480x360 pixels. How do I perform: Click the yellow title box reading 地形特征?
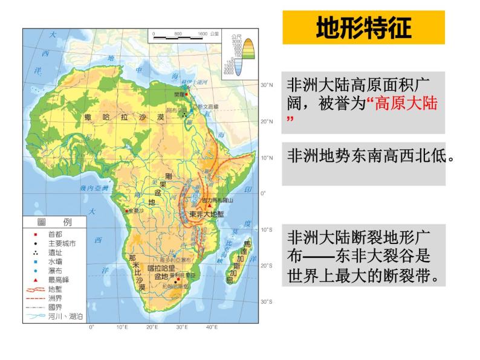pos(363,27)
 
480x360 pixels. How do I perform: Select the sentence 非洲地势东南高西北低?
pos(371,156)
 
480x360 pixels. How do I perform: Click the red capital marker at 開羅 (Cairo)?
pos(187,94)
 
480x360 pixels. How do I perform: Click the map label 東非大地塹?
pos(206,214)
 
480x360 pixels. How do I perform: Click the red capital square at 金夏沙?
pos(126,211)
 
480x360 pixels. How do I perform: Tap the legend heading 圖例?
pos(55,222)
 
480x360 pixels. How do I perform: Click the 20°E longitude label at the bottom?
pos(151,327)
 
